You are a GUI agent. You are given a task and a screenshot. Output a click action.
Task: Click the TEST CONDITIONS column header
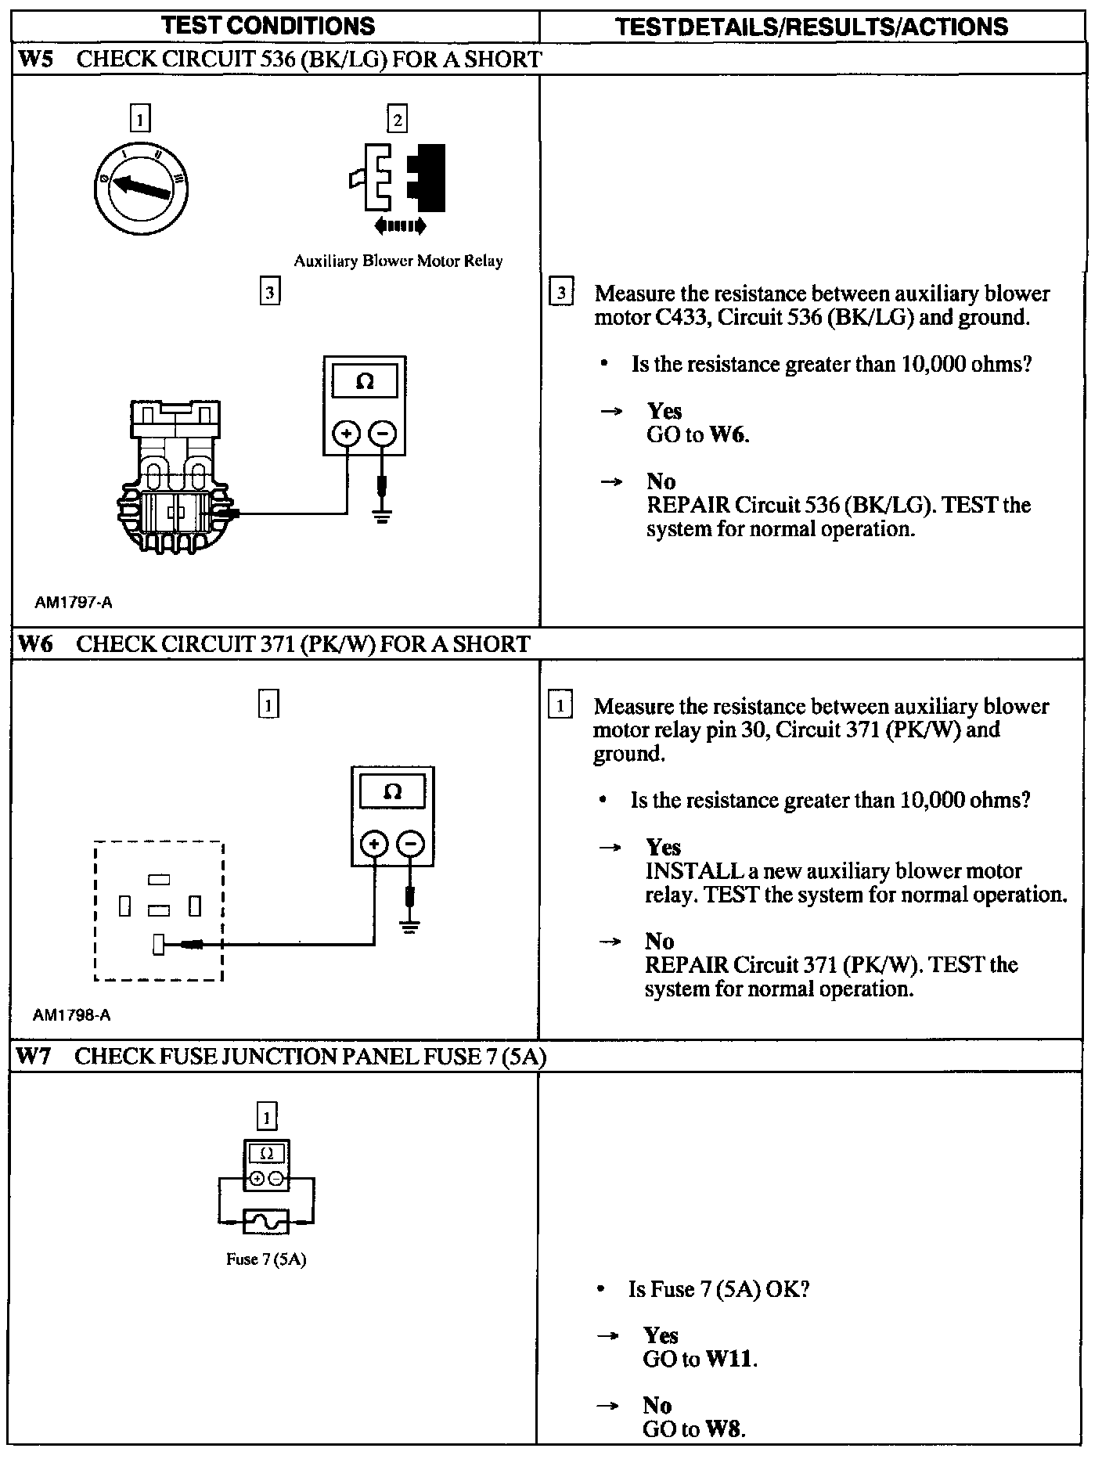tap(268, 26)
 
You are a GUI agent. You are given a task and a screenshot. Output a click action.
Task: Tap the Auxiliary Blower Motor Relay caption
tap(398, 261)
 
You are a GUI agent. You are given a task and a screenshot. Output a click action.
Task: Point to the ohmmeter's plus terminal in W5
tap(347, 433)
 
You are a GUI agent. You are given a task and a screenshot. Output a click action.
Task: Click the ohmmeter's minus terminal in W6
tap(411, 844)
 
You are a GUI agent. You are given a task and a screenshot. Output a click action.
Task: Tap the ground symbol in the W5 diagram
tap(382, 517)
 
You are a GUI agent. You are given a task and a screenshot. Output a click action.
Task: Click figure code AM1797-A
tap(74, 603)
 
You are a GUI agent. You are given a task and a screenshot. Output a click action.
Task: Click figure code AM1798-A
tap(72, 1015)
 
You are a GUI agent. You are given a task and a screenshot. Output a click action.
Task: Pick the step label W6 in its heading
tap(34, 644)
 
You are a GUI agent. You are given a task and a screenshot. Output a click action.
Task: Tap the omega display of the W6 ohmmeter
tap(393, 792)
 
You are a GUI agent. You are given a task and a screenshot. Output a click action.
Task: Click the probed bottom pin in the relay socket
tap(159, 946)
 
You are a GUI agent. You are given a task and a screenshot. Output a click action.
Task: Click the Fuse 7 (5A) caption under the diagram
tap(266, 1259)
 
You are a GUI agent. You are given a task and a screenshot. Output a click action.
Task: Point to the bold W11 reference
tap(731, 1360)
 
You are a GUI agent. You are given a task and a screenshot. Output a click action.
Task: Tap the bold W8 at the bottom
tap(725, 1429)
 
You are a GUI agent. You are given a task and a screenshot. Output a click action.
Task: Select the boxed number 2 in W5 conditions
tap(398, 120)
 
